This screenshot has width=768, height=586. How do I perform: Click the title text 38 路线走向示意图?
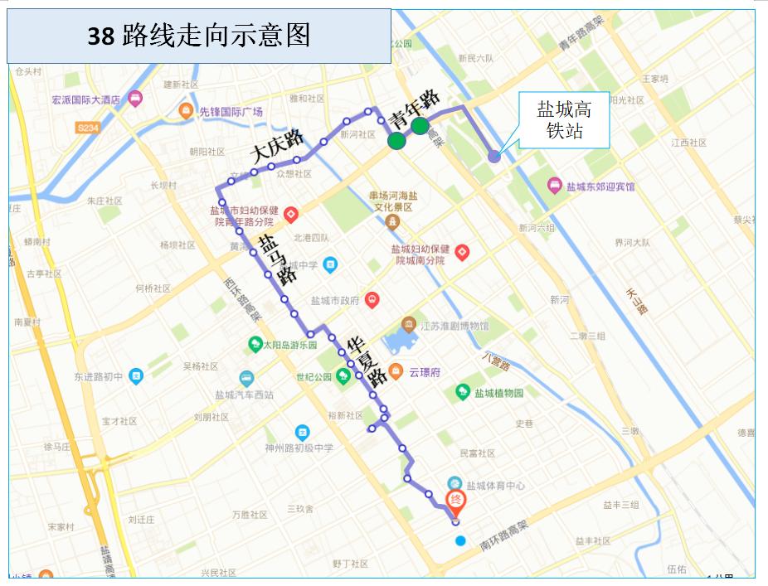coord(199,36)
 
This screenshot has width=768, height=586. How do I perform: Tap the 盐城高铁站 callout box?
coord(563,120)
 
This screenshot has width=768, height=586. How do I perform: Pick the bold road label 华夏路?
coord(367,361)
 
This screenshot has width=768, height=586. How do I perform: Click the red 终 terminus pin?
coord(455,500)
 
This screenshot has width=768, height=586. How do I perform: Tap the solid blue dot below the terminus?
coord(460,541)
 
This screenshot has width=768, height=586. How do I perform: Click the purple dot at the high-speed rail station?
coord(493,156)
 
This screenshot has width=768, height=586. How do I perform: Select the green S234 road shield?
coord(86,128)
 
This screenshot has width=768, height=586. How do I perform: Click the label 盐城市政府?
coord(334,301)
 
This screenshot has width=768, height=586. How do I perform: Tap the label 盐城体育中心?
coord(495,486)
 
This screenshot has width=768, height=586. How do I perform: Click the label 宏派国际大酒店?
coord(86,99)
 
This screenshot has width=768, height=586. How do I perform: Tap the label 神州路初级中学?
coord(298,448)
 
